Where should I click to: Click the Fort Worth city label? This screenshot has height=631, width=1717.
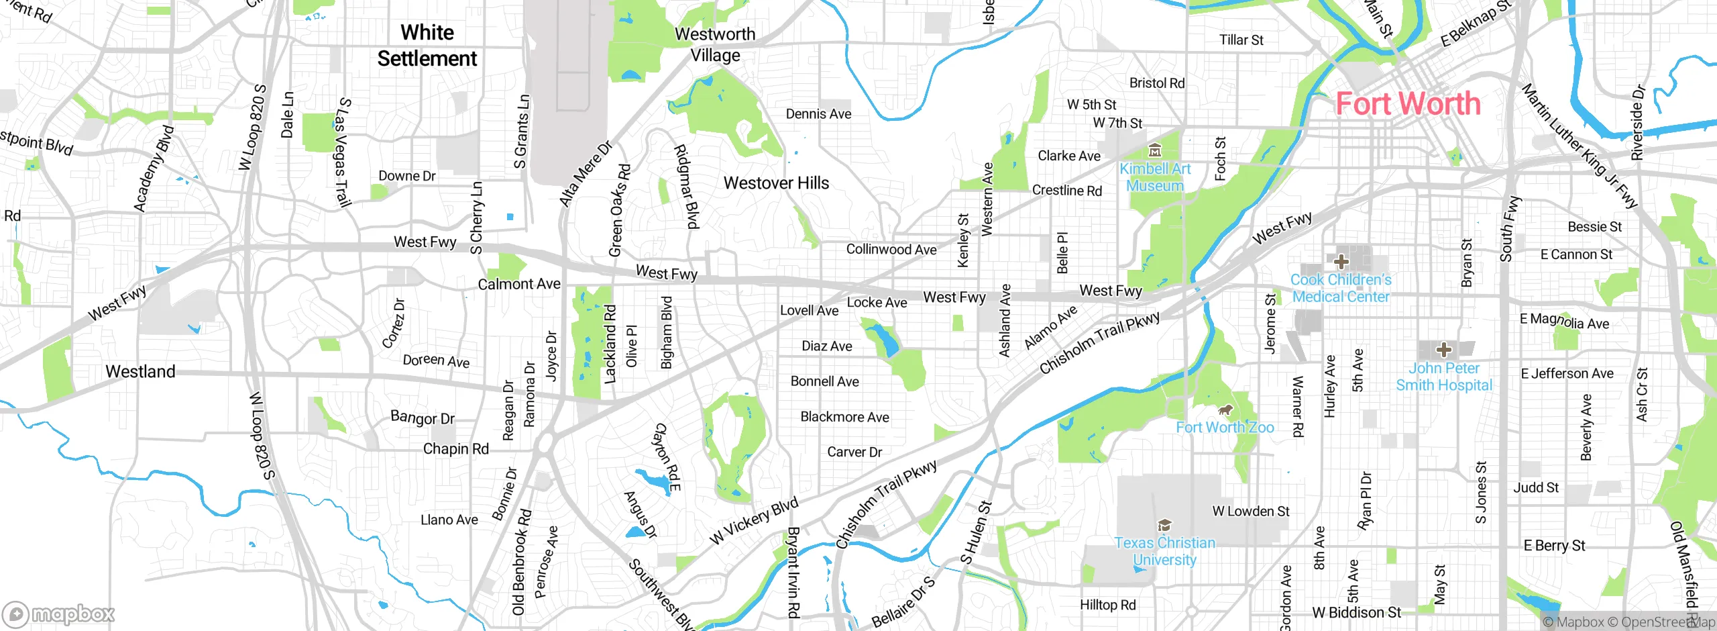point(1407,104)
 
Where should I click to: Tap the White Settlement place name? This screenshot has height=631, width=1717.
point(427,46)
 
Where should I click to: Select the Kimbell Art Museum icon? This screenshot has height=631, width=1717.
point(1154,150)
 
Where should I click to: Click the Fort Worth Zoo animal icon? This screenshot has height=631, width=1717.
point(1225,409)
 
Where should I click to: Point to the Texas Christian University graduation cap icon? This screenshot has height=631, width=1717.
point(1164,525)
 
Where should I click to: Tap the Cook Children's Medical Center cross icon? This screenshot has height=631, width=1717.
point(1341,261)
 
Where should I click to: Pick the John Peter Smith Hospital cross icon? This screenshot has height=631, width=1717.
point(1443,350)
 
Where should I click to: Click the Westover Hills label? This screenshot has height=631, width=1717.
point(776,183)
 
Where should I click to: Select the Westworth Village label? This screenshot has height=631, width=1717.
point(715,44)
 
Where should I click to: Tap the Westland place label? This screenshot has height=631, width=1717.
point(140,371)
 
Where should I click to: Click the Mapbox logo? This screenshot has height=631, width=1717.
point(59,614)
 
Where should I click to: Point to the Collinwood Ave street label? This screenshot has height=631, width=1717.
point(891,249)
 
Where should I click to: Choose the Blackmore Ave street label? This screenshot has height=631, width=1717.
point(844,417)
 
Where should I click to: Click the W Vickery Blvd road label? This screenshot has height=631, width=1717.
point(754,520)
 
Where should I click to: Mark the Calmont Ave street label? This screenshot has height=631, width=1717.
point(518,284)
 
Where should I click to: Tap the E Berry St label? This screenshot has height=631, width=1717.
point(1554,545)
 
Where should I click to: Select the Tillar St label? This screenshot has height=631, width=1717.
point(1241,40)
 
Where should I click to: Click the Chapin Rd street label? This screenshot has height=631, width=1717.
point(455,448)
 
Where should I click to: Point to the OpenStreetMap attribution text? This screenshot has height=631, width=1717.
point(1667,622)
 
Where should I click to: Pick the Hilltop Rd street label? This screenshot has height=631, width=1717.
point(1107,605)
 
